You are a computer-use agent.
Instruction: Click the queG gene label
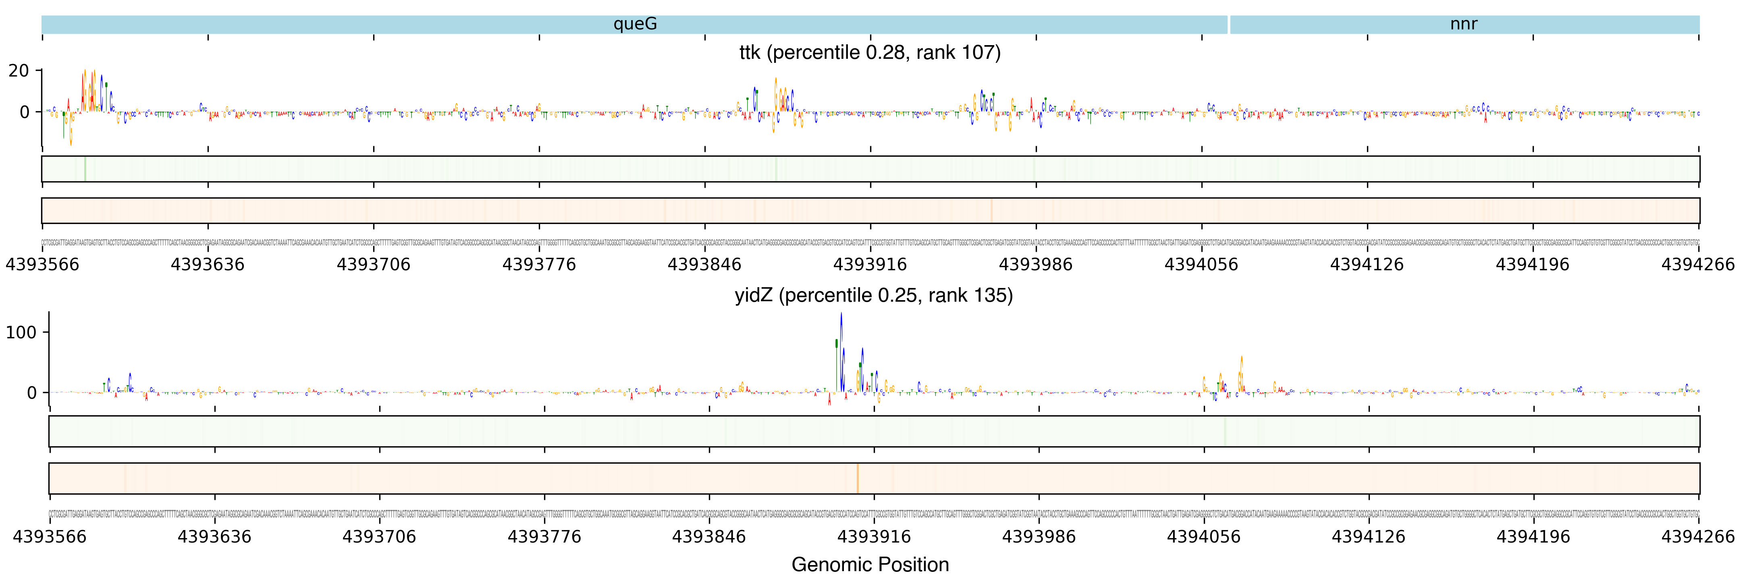coord(635,24)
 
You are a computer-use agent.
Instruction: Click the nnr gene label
coord(1463,24)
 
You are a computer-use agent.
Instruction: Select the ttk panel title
coord(870,53)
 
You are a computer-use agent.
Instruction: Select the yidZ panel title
coord(873,296)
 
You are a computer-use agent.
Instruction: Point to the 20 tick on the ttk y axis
coord(19,71)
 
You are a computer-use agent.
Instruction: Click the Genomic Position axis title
coord(870,564)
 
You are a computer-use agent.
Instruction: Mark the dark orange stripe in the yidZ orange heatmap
coord(857,478)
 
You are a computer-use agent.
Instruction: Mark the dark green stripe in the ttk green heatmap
coord(85,169)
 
